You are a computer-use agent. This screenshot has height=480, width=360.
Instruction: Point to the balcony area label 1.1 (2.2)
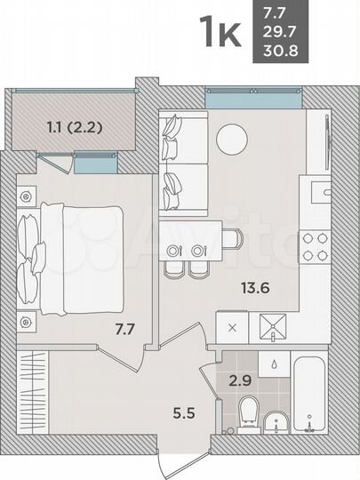[75, 126]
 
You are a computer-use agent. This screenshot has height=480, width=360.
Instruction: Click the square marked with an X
[233, 328]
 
